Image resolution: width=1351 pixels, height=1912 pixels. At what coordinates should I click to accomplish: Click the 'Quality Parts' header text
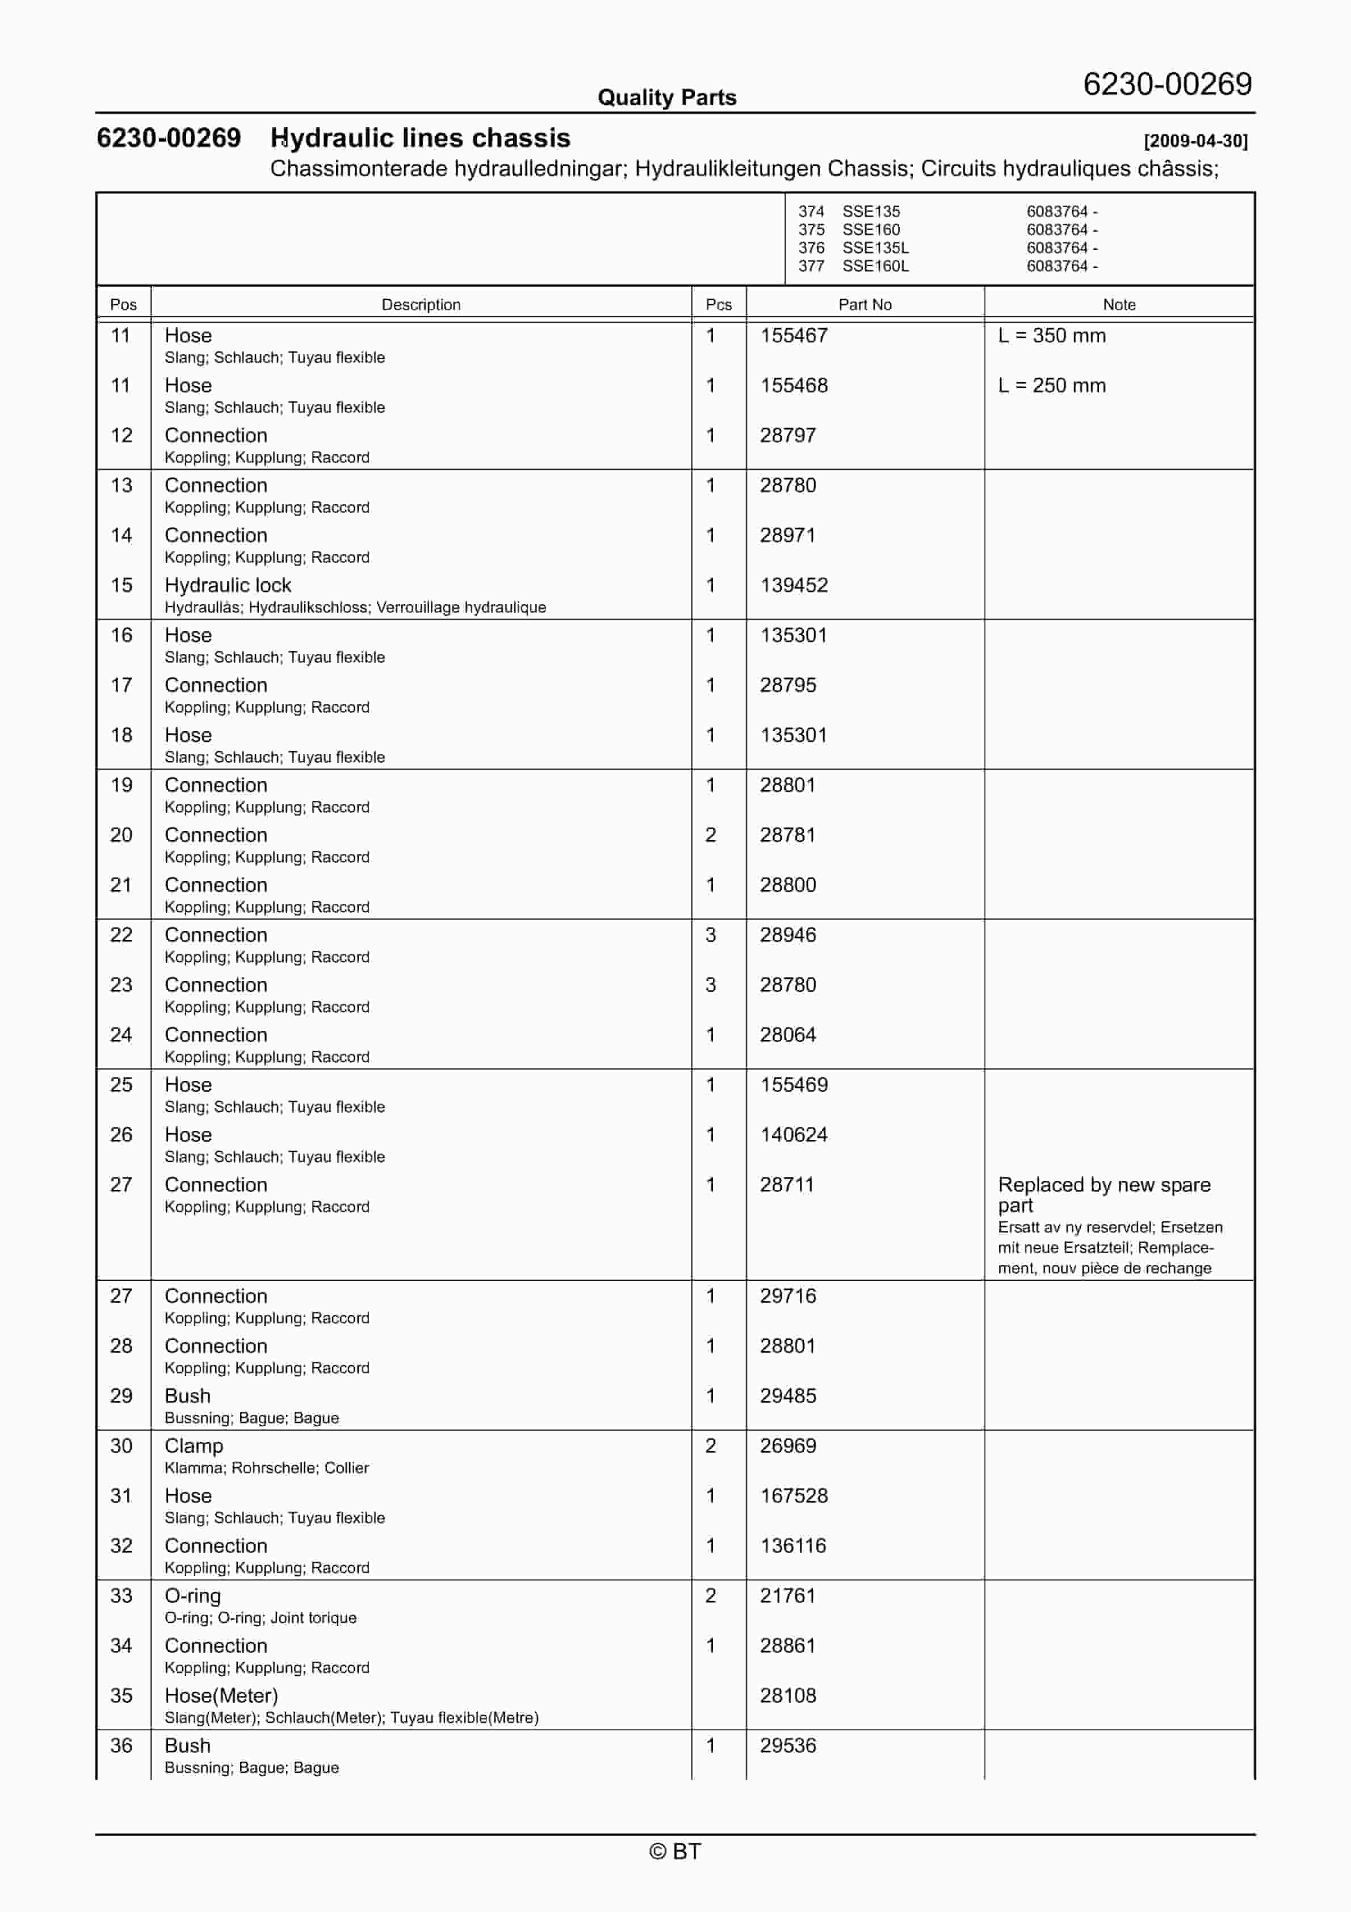coord(666,98)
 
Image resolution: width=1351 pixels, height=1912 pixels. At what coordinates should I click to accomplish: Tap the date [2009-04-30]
coord(1195,141)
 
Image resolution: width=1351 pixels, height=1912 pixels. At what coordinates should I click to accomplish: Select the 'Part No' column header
coord(865,305)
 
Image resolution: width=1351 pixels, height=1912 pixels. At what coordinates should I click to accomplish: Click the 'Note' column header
coord(1119,305)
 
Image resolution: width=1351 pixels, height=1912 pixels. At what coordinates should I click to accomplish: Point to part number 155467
coord(793,336)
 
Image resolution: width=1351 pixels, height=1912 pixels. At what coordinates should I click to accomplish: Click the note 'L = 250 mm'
coord(1051,385)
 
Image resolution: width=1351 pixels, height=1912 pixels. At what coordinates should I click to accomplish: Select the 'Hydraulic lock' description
coord(228,585)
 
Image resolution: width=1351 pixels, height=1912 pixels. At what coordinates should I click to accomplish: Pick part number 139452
coord(793,585)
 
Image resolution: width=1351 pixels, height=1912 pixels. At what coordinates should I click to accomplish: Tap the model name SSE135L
coord(875,248)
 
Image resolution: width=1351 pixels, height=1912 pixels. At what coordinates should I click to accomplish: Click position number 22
coord(121,935)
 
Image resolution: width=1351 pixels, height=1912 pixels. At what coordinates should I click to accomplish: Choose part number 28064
coord(787,1035)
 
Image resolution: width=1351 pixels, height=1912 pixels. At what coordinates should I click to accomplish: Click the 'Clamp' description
coord(193,1446)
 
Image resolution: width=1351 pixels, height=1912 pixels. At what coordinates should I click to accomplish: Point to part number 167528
coord(793,1496)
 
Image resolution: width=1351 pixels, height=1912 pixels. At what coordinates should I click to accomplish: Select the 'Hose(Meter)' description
coord(221,1696)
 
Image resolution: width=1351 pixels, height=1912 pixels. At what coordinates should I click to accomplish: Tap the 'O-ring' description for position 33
coord(192,1596)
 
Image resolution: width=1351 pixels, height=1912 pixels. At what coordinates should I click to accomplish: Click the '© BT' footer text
coord(675,1851)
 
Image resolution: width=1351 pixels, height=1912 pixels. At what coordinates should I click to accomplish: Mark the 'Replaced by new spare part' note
coord(1104,1194)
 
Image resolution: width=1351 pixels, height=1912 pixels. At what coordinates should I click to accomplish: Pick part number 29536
coord(787,1746)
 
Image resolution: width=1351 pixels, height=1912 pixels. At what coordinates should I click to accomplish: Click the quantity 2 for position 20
coord(711,835)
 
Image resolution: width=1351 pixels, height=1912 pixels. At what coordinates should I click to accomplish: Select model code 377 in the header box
coord(811,266)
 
